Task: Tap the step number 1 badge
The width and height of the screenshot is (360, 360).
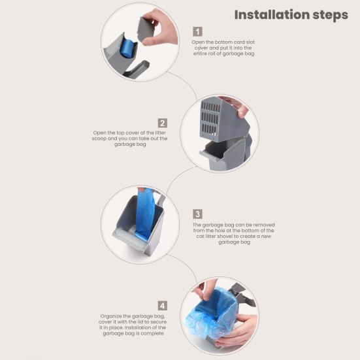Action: (197, 31)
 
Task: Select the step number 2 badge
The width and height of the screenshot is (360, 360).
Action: (162, 123)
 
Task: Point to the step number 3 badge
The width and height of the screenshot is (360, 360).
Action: (197, 214)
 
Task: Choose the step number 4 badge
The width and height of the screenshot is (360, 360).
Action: (162, 306)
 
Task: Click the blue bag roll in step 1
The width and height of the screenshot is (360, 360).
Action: (127, 48)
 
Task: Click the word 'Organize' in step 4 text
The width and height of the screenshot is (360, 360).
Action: (111, 316)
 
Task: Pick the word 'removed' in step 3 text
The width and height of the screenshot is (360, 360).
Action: (264, 225)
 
